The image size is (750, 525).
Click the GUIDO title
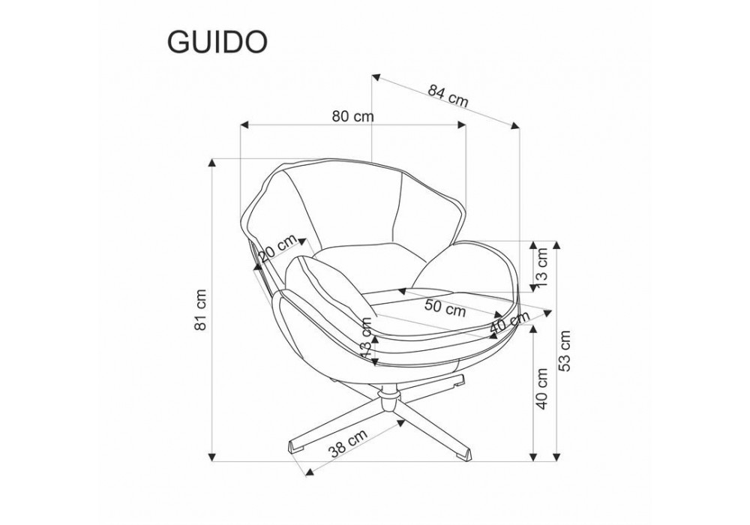click(217, 43)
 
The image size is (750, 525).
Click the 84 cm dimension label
click(448, 97)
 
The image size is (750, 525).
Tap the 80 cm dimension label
click(353, 116)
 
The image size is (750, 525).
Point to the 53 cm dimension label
click(565, 350)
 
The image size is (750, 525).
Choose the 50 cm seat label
click(445, 308)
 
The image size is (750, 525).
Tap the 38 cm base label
click(348, 442)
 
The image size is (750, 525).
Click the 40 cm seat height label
click(542, 388)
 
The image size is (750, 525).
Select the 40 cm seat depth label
click(510, 324)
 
